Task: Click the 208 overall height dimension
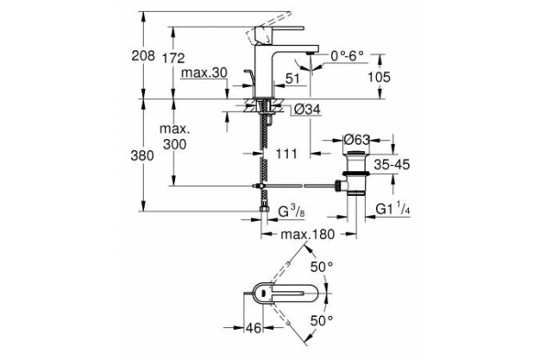131,56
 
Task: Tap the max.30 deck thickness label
204,72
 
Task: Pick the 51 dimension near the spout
292,80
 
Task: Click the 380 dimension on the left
132,156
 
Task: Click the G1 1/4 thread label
394,211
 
